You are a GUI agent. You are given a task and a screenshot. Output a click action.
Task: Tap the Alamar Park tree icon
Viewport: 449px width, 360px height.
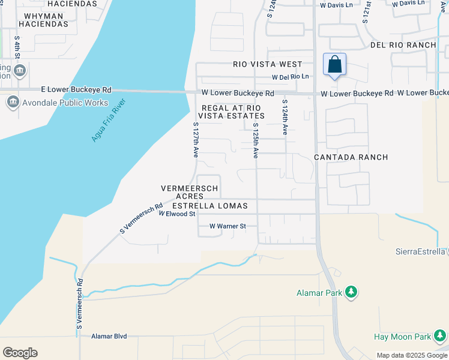pyautogui.click(x=351, y=293)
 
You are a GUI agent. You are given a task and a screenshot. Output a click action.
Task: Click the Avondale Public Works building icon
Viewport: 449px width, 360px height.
pyautogui.click(x=13, y=103)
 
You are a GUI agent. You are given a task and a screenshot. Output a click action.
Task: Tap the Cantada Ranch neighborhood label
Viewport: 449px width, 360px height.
pyautogui.click(x=351, y=157)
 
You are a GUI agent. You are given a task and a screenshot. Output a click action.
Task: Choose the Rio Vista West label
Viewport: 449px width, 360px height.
pyautogui.click(x=268, y=64)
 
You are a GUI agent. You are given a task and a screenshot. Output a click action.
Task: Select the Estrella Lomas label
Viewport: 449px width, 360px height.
pyautogui.click(x=210, y=206)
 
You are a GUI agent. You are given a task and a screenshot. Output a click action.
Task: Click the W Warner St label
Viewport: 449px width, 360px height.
pyautogui.click(x=228, y=226)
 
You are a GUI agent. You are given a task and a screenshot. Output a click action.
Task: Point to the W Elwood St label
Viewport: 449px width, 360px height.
pyautogui.click(x=177, y=214)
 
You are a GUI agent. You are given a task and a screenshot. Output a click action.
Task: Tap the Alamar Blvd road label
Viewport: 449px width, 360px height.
pyautogui.click(x=109, y=337)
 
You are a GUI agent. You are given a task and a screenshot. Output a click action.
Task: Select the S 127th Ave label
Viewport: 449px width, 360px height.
pyautogui.click(x=196, y=140)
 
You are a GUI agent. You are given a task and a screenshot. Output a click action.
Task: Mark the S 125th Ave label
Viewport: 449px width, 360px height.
pyautogui.click(x=255, y=140)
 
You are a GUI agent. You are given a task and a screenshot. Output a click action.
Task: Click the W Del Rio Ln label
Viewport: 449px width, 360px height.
pyautogui.click(x=290, y=77)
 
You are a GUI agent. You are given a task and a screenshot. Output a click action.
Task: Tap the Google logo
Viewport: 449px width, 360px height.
pyautogui.click(x=20, y=353)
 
